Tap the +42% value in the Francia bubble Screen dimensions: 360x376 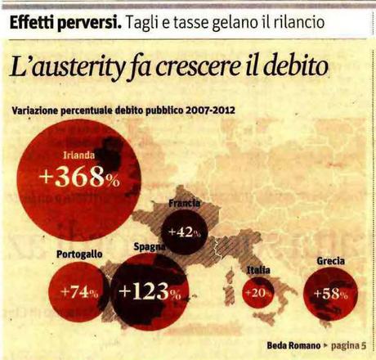[x=184, y=232]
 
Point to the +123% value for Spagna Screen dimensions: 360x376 [x=150, y=291]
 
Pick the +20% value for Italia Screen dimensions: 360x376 [x=257, y=293]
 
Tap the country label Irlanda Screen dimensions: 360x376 [x=79, y=152]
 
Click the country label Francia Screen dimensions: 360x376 [x=184, y=203]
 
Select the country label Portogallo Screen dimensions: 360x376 [x=79, y=254]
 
